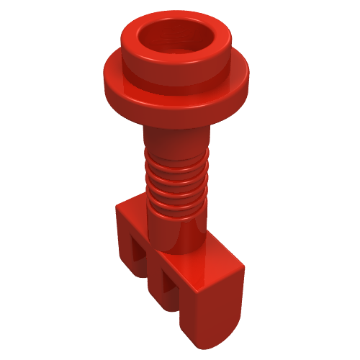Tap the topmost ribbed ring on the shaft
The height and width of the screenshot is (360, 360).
coord(176,159)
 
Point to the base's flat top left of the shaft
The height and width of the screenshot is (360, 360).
coord(133,209)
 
